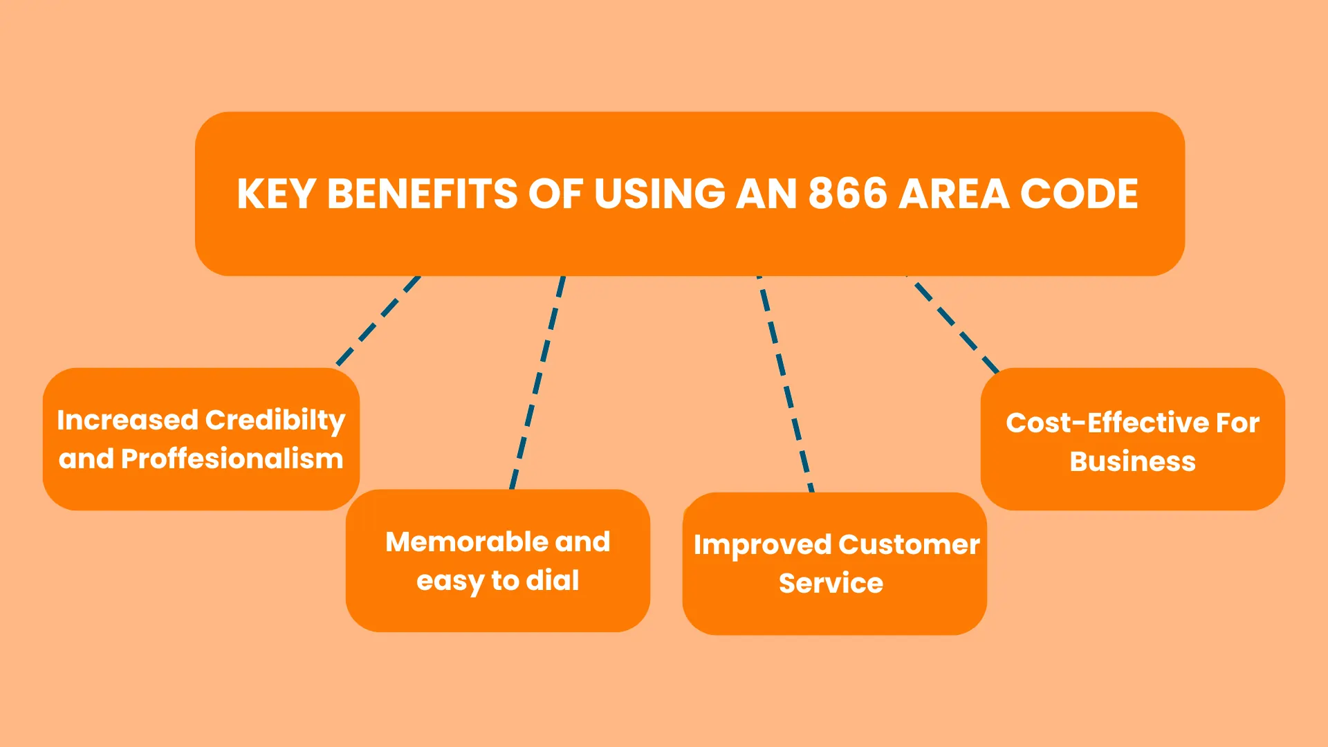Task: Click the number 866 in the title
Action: (x=847, y=194)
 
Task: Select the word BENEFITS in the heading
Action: (x=422, y=194)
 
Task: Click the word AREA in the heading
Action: (x=954, y=194)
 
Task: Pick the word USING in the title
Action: (x=659, y=194)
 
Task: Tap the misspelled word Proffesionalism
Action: (x=232, y=459)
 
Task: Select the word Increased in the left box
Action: (x=128, y=421)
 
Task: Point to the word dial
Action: (x=553, y=580)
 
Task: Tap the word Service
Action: (x=831, y=583)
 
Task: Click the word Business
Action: (x=1133, y=461)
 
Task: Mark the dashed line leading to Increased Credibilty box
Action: (x=378, y=321)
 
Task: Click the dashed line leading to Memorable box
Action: (x=537, y=382)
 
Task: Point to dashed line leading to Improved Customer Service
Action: (x=786, y=384)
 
